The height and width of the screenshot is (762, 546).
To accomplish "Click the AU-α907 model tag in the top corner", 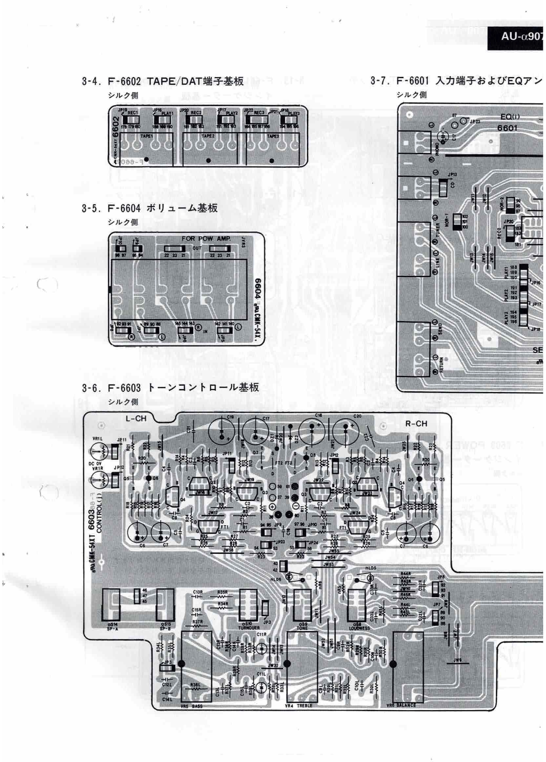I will [x=521, y=35].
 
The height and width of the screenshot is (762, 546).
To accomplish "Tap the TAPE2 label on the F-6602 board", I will [x=208, y=136].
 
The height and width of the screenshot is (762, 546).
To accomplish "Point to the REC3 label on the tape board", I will [x=259, y=113].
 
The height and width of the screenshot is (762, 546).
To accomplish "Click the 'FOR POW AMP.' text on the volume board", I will [x=206, y=239].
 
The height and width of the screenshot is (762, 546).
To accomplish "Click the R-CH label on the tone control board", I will [x=416, y=423].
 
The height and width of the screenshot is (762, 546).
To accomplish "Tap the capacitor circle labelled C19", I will [x=222, y=431].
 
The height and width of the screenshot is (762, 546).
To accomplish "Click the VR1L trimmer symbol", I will [x=101, y=451].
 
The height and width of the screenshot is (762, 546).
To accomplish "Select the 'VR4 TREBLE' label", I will [x=298, y=705].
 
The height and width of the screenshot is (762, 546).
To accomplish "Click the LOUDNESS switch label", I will [x=359, y=628].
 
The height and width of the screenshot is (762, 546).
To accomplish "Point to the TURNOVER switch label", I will [x=248, y=628].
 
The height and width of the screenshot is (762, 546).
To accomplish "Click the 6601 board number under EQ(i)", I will [x=507, y=128].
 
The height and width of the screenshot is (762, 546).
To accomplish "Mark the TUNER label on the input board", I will [x=438, y=231].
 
